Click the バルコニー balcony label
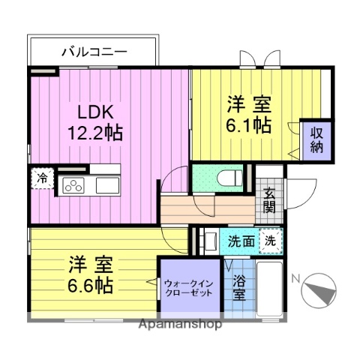click(93, 52)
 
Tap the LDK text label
click(95, 113)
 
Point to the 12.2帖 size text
click(95, 133)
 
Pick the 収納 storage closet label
click(316, 139)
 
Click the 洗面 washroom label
click(241, 241)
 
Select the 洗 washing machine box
click(271, 241)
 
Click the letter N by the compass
click(296, 280)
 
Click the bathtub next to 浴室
click(268, 289)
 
